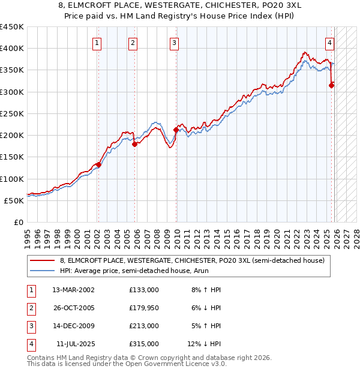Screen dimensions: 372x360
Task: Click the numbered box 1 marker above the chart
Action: point(97,43)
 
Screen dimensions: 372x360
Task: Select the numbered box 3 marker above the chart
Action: point(174,43)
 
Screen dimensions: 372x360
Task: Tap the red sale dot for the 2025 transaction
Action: point(332,85)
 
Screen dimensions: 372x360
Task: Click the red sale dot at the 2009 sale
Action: point(176,130)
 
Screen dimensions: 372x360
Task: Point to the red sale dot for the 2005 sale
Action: point(134,144)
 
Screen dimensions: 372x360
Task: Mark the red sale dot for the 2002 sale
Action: point(98,164)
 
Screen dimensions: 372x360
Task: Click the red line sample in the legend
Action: point(43,260)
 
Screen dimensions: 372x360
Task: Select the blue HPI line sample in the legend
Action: point(43,271)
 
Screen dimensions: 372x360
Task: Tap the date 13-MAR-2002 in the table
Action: point(73,290)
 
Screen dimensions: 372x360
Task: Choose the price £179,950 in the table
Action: point(143,308)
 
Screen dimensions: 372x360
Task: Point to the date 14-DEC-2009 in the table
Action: point(73,326)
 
